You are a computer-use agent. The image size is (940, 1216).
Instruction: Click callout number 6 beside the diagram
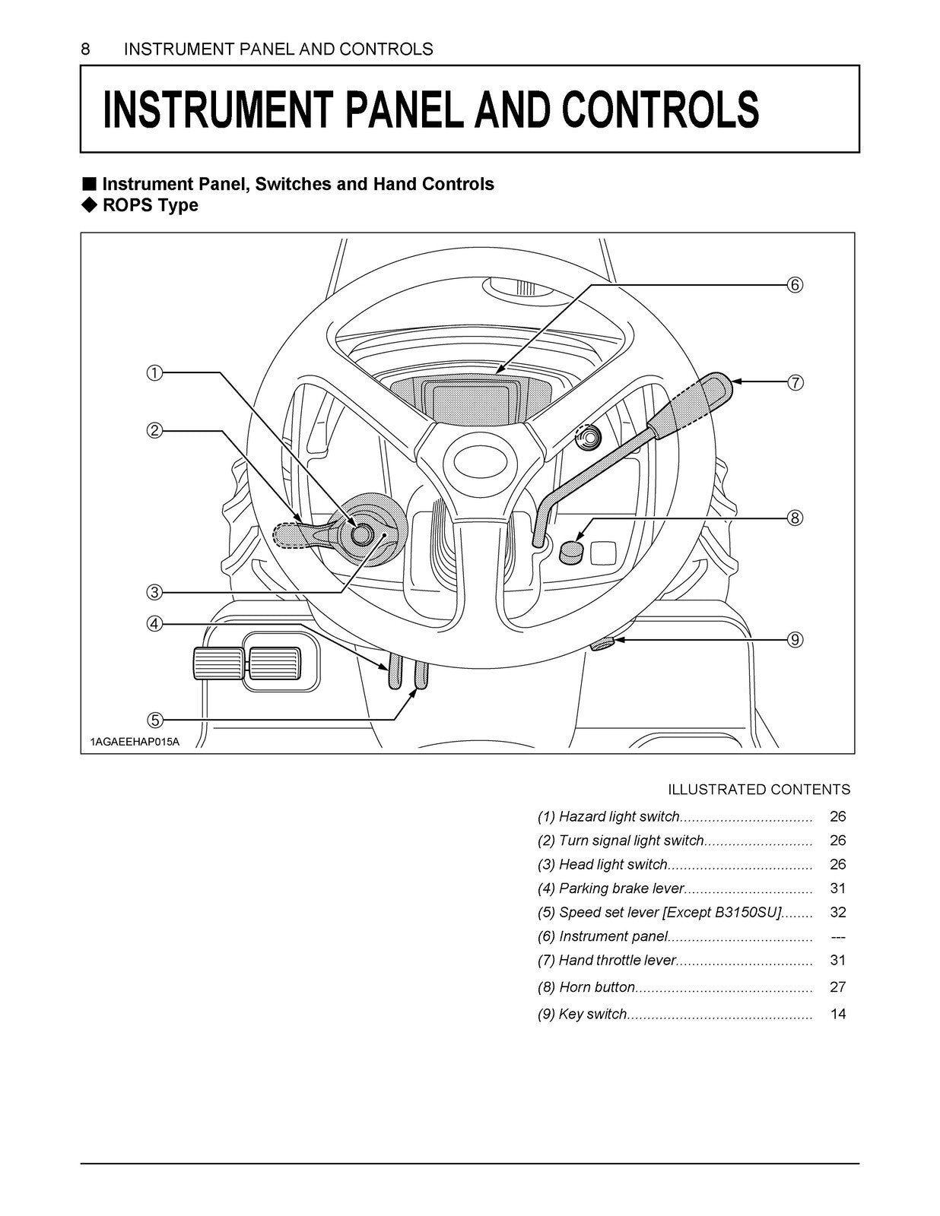coord(794,285)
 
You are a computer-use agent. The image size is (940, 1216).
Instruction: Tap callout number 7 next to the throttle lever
coord(794,383)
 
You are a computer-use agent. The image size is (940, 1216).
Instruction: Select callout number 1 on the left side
coord(154,372)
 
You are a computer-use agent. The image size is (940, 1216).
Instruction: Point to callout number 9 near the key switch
coord(794,640)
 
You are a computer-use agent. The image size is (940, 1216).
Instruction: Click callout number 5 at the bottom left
coord(154,720)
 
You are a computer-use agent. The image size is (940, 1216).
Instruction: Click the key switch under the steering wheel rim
coord(602,644)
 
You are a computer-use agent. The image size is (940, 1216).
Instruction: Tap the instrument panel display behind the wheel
coord(471,400)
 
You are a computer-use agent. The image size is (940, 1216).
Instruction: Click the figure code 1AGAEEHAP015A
coord(135,742)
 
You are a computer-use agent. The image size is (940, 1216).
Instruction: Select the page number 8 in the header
coord(85,49)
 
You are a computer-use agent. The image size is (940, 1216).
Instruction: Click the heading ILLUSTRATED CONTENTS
coord(758,790)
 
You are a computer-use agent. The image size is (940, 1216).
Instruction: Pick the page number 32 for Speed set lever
coord(837,912)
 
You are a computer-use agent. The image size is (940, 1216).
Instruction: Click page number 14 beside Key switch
coord(837,1014)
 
